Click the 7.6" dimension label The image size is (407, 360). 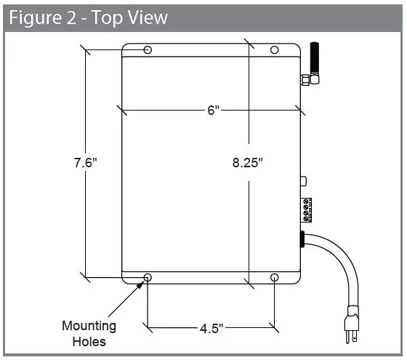(x=85, y=163)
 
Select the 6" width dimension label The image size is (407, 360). (x=212, y=111)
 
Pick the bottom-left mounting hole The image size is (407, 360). (x=148, y=278)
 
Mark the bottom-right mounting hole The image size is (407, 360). (x=275, y=278)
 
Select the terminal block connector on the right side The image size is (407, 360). (x=309, y=209)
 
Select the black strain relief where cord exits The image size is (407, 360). (x=302, y=240)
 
